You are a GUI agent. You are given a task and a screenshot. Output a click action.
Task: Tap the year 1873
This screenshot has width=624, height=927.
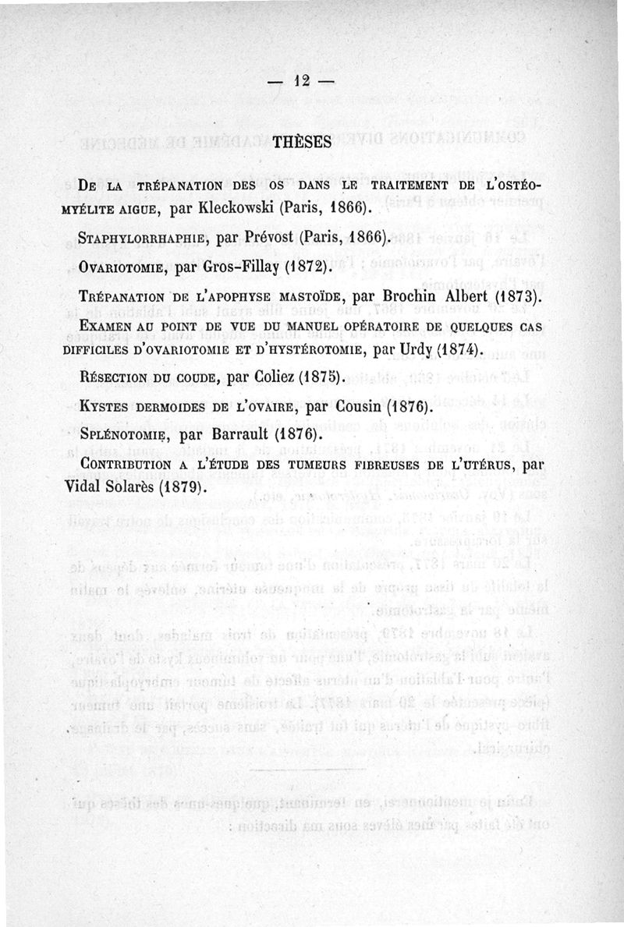[x=510, y=297]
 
